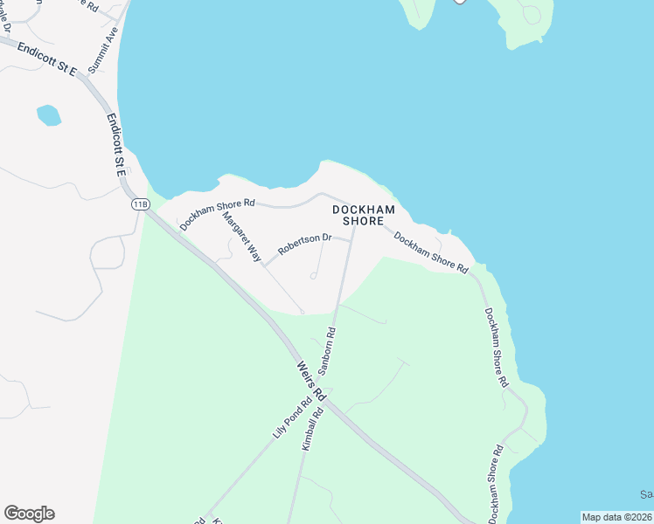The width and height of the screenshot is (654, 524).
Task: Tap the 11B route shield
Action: coord(140,204)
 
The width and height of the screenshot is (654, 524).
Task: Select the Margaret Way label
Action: coord(242,238)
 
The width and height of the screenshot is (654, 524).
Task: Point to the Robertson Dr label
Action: coord(305,244)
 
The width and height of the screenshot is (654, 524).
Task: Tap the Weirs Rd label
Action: coord(310,382)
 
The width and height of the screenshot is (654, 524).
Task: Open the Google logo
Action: coord(29,514)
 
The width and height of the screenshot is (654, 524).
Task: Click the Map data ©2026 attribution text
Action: coord(617,516)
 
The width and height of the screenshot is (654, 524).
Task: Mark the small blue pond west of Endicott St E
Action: coord(49,114)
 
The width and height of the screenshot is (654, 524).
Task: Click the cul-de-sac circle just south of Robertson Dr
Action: coord(313,277)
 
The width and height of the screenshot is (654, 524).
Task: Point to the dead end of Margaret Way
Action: coord(302,311)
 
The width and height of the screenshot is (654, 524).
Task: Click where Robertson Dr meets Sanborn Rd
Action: coord(351,237)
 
